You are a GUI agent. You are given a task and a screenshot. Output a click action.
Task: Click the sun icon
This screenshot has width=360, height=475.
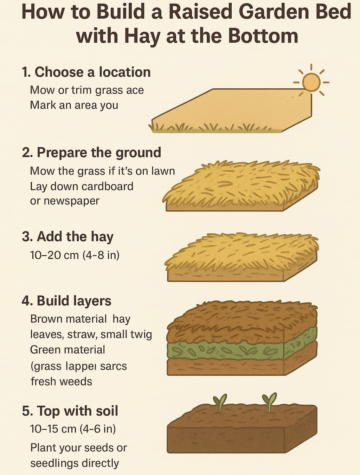click(311, 82)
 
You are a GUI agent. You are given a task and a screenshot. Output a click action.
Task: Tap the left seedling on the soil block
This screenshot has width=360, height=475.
click(220, 402)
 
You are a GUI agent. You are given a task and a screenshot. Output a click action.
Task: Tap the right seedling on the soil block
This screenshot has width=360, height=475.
click(269, 401)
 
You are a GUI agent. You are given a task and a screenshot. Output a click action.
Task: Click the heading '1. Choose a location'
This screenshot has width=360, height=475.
click(86, 72)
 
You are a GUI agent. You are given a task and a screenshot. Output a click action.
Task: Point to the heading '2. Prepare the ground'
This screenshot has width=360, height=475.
click(91, 153)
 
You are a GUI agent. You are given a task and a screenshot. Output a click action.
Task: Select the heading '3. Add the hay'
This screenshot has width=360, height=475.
click(67, 236)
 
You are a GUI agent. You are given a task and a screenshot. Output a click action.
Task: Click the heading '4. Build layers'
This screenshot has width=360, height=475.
click(66, 301)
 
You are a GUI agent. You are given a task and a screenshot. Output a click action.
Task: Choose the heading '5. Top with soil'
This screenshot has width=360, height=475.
click(70, 411)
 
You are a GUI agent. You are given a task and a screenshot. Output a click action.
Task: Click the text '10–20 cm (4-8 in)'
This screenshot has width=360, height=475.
click(75, 255)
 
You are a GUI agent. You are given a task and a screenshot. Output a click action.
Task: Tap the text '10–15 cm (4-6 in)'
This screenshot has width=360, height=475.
click(73, 429)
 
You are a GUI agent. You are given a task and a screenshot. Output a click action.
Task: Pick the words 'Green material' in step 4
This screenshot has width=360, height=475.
click(67, 350)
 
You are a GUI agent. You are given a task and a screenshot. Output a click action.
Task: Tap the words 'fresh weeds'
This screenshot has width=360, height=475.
click(61, 381)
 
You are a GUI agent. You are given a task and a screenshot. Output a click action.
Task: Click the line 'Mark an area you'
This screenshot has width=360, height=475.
click(74, 105)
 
